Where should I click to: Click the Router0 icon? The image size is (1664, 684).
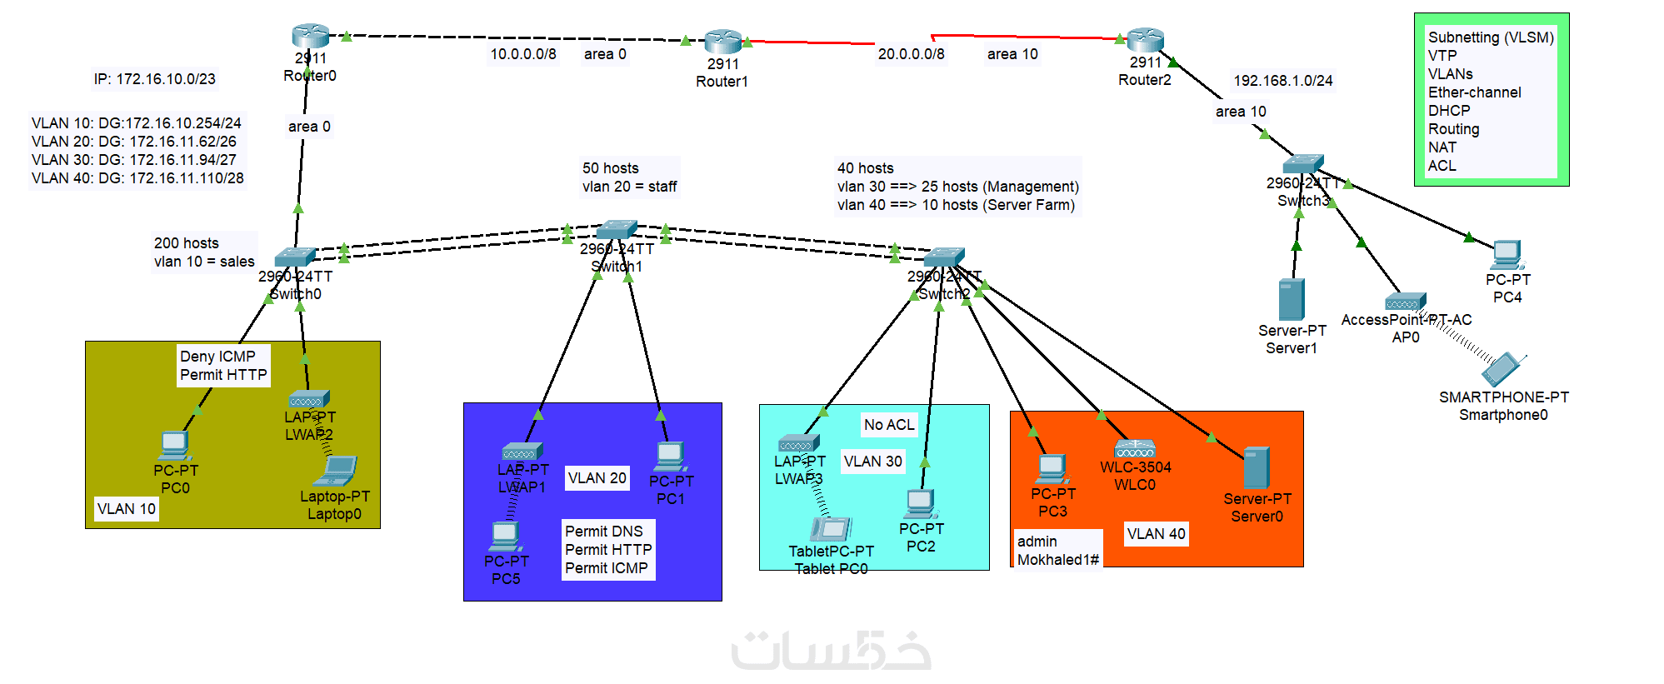pos(310,36)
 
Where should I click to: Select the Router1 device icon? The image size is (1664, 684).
pos(722,42)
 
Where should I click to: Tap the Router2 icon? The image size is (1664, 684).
pos(1145,39)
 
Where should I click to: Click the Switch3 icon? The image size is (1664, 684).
pos(1302,164)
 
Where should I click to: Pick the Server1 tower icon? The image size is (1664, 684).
pos(1292,300)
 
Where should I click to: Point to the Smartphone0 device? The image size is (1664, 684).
pos(1504,369)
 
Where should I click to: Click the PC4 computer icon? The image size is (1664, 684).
pos(1507,255)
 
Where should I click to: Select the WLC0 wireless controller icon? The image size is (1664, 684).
pos(1135,448)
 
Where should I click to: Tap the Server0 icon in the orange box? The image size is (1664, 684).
pos(1257,468)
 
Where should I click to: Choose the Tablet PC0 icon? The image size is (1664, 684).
pos(831,529)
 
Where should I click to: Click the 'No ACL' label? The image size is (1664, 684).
pos(889,425)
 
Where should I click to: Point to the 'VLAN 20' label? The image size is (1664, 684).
pos(597,478)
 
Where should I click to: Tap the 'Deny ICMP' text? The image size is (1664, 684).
pos(217,357)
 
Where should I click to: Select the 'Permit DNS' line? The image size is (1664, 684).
pos(604,532)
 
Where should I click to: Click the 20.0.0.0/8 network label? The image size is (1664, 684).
pos(911,54)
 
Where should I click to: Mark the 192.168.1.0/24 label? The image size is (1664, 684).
pos(1282,81)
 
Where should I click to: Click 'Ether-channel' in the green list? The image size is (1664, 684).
pos(1474,92)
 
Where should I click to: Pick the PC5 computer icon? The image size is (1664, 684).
pos(505,536)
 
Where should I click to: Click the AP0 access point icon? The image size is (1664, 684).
pos(1405,302)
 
